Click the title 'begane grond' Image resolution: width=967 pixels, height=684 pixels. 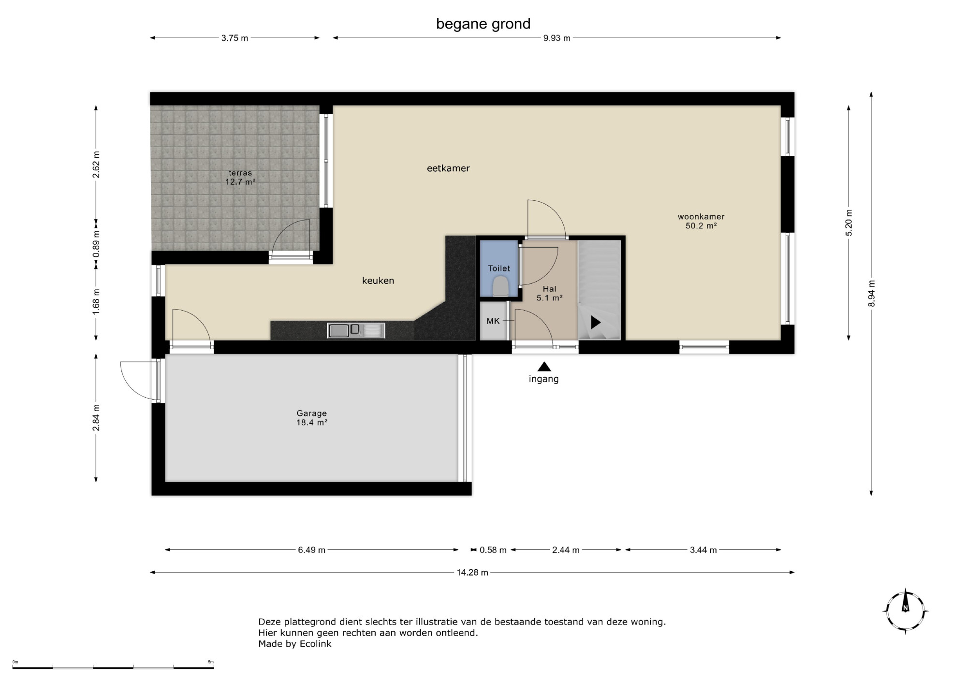click(x=483, y=24)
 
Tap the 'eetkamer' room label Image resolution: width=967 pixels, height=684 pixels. click(x=448, y=168)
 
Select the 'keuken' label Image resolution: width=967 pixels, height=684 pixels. click(x=378, y=281)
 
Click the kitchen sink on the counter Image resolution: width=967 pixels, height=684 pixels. click(x=356, y=330)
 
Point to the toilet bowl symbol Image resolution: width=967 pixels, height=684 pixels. click(x=500, y=286)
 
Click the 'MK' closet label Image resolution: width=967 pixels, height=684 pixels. click(x=493, y=321)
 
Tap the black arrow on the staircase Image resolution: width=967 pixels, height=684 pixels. click(x=596, y=322)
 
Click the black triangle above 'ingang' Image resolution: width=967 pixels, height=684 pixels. click(x=544, y=367)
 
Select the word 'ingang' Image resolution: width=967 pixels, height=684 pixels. click(x=543, y=379)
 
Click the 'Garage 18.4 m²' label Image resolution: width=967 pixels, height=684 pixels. click(x=312, y=418)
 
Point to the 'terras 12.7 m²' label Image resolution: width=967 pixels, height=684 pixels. click(x=240, y=178)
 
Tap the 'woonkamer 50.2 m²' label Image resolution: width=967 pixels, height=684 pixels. click(x=701, y=221)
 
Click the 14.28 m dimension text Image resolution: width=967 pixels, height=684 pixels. click(x=472, y=573)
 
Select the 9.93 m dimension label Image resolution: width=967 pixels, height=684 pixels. click(x=557, y=38)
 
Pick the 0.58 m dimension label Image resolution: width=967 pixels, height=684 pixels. click(x=493, y=550)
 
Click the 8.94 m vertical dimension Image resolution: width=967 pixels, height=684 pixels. click(x=872, y=293)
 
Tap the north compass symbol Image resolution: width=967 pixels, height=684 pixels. click(x=906, y=611)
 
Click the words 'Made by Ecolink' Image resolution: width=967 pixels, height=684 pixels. click(x=295, y=644)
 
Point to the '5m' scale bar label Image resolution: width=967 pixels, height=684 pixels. click(x=210, y=662)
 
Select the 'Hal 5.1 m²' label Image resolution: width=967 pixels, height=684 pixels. click(x=549, y=294)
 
